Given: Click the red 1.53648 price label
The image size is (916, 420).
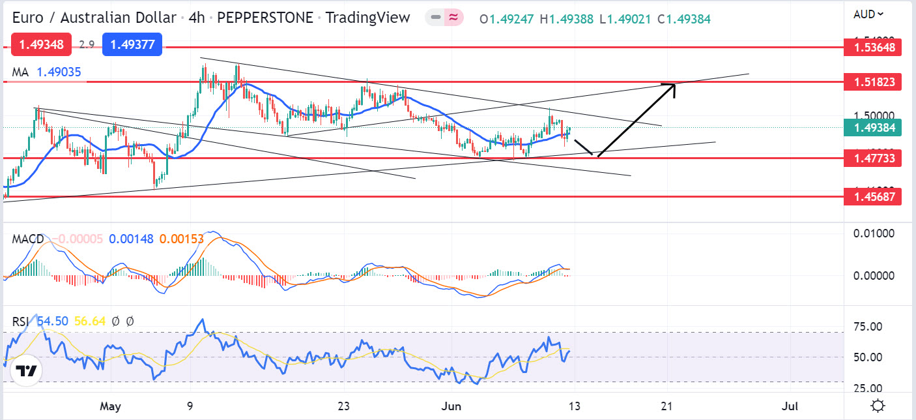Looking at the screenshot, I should (872, 47).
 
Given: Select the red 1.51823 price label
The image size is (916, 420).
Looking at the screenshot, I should (872, 82).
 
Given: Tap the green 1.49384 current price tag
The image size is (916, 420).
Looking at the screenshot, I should (872, 128).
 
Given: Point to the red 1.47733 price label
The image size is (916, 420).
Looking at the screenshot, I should (872, 158).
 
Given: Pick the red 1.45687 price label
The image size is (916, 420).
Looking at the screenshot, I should (872, 196).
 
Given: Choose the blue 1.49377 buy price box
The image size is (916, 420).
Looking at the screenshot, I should (136, 45).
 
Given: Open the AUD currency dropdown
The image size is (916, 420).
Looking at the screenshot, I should (868, 14).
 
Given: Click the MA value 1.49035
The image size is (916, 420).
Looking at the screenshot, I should (59, 72).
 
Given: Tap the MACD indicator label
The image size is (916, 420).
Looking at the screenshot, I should (28, 239).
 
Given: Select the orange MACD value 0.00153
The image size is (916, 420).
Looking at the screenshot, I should (181, 239).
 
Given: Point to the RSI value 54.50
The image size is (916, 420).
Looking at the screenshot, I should (52, 321).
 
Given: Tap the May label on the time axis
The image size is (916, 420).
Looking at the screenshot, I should (111, 406).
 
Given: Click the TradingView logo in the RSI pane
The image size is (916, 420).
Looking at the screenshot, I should (26, 371).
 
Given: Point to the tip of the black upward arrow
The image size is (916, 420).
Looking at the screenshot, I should (674, 84).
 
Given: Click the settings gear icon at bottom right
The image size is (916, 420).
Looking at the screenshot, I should (878, 406).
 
